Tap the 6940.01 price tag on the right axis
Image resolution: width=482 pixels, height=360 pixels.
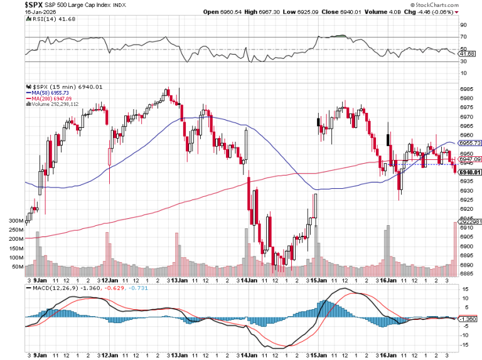coord(469,172)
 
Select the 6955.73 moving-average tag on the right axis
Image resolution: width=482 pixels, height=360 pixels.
coord(470,143)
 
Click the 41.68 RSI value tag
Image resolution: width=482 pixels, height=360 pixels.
coord(467,54)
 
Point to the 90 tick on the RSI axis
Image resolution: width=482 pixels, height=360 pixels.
coord(463,25)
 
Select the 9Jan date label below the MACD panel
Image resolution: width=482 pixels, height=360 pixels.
coord(40,354)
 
